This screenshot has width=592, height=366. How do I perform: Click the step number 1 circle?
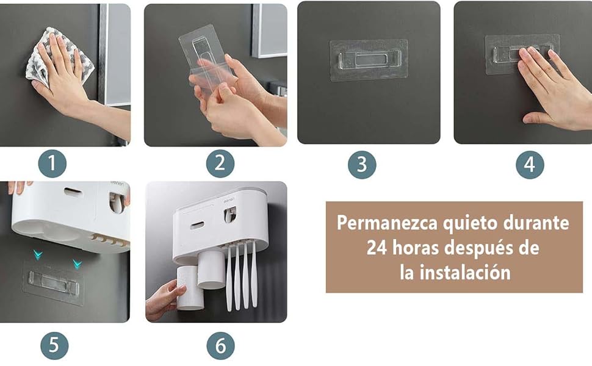tap(52, 163)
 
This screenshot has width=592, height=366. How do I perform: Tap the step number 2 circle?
tap(220, 163)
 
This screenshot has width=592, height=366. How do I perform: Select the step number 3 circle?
tap(362, 165)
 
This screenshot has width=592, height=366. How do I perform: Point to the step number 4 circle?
tap(530, 165)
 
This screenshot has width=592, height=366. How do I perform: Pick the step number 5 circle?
tap(54, 345)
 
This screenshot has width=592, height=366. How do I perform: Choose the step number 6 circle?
tap(220, 345)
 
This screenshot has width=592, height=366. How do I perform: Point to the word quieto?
tap(471, 223)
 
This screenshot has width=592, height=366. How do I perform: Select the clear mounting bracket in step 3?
tap(369, 60)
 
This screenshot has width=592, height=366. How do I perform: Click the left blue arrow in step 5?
tap(38, 255)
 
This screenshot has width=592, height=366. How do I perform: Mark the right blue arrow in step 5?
tap(78, 264)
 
